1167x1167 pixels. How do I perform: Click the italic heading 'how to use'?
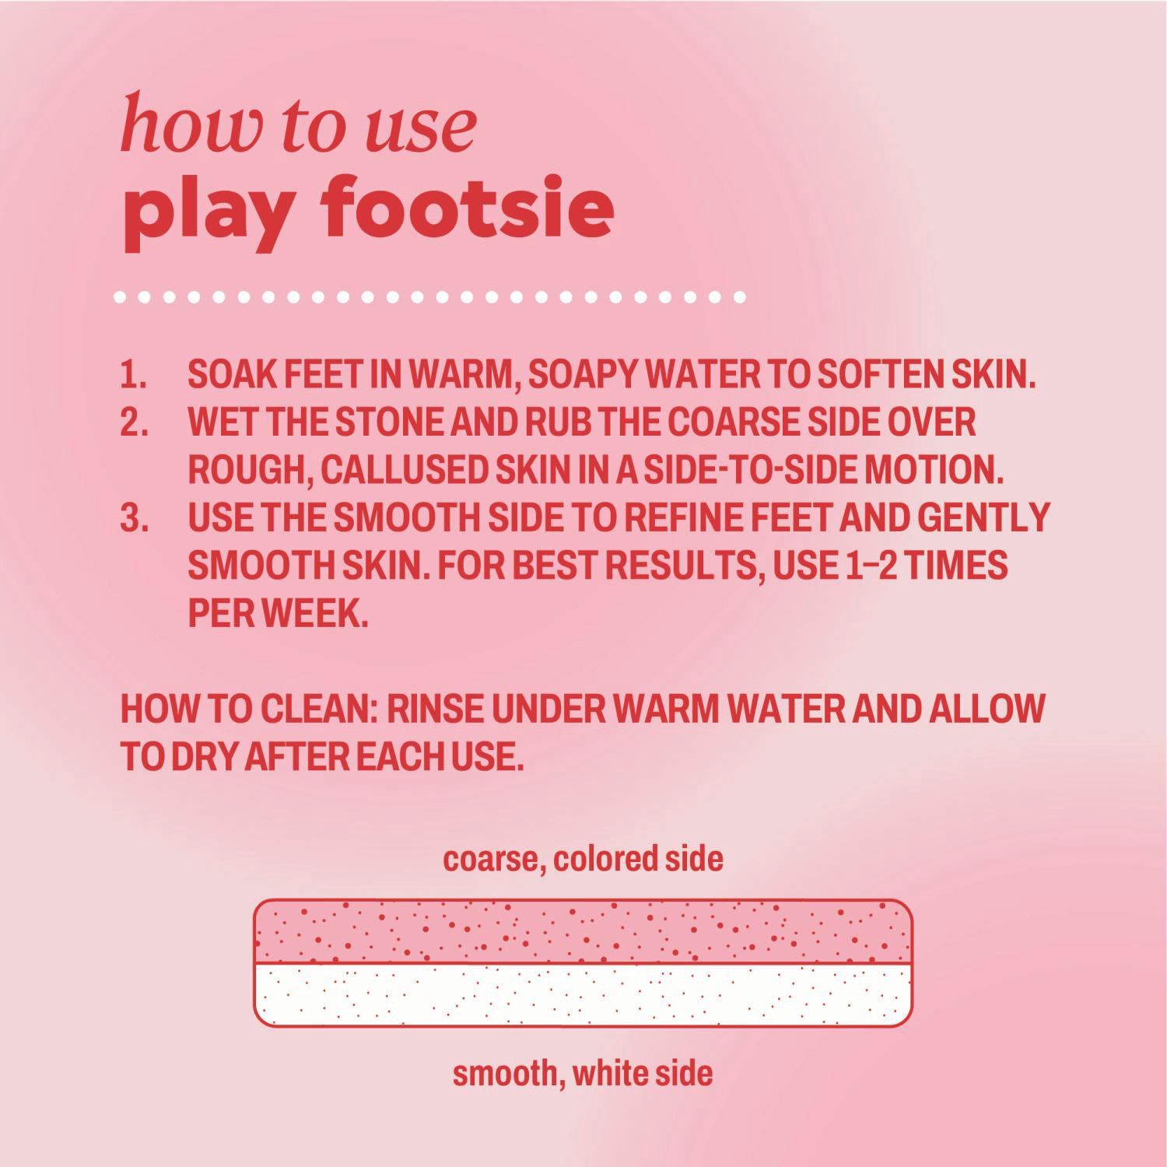(x=298, y=124)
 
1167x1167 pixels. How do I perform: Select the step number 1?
(x=134, y=375)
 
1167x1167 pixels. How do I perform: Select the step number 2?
(x=134, y=422)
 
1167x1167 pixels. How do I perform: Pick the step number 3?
(x=134, y=518)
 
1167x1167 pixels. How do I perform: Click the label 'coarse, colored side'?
(x=583, y=859)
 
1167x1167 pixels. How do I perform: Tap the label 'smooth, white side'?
(x=583, y=1074)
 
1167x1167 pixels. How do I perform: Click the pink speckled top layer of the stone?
(x=583, y=932)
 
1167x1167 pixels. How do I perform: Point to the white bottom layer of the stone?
(x=583, y=995)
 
